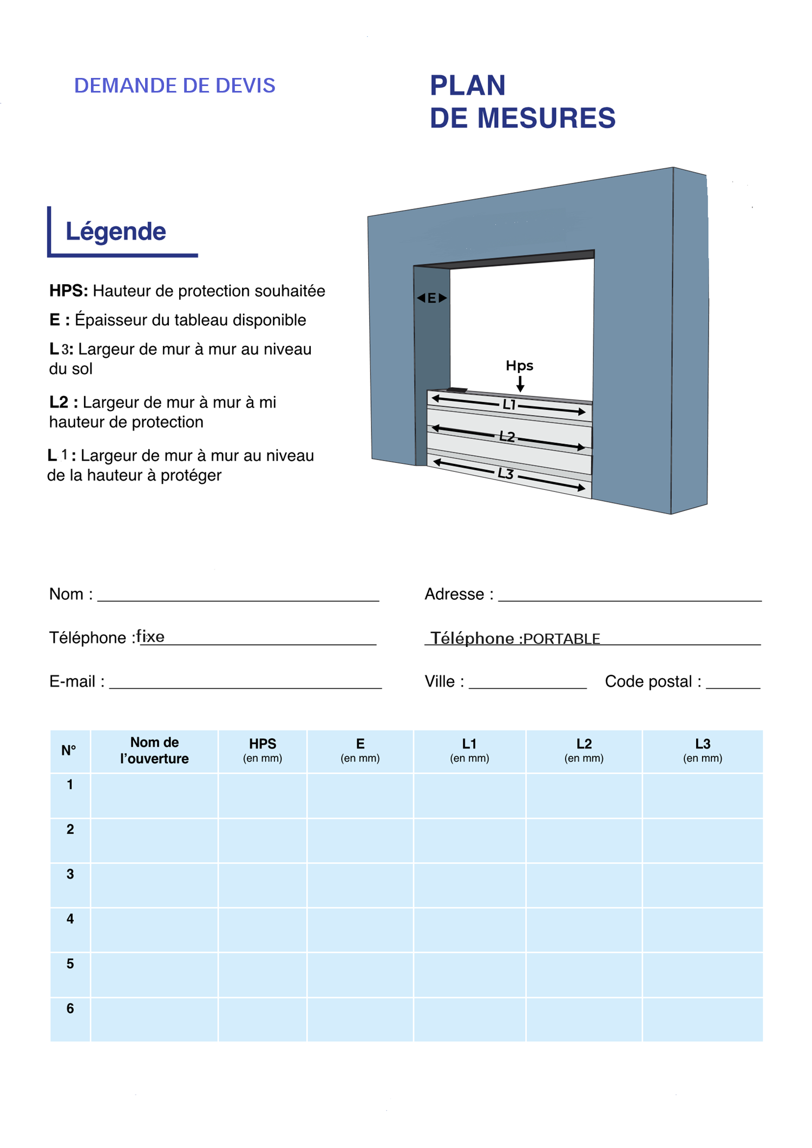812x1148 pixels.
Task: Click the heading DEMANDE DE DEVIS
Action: pyautogui.click(x=174, y=86)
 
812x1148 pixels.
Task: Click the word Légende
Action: pyautogui.click(x=116, y=232)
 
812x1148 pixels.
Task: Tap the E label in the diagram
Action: pyautogui.click(x=431, y=298)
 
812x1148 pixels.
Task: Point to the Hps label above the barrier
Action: pyautogui.click(x=519, y=366)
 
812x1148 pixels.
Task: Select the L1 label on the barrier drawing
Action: pyautogui.click(x=509, y=404)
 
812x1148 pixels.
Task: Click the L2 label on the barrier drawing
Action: pyautogui.click(x=507, y=436)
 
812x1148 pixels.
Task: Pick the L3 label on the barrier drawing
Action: pyautogui.click(x=505, y=474)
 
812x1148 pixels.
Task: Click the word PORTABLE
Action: pyautogui.click(x=561, y=639)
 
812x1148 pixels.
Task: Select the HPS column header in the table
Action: pyautogui.click(x=263, y=750)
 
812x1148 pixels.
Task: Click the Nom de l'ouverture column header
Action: pyautogui.click(x=154, y=750)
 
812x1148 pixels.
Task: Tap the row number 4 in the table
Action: pyautogui.click(x=70, y=919)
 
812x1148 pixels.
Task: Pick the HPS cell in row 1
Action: pyautogui.click(x=263, y=796)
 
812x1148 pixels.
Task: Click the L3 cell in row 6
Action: pyautogui.click(x=703, y=1019)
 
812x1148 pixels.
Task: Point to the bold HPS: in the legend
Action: pyautogui.click(x=69, y=291)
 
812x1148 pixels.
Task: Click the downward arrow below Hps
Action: pyautogui.click(x=520, y=384)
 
